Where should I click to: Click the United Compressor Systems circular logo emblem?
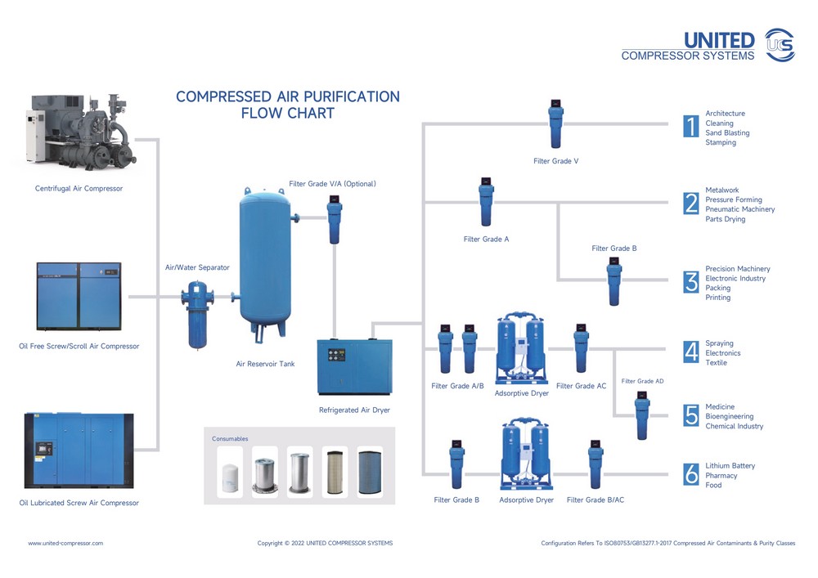tap(779, 44)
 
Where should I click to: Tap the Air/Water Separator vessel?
tap(196, 313)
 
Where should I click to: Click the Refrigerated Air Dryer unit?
tap(354, 367)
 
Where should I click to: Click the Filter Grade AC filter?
tap(581, 349)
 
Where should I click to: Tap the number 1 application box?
tap(691, 127)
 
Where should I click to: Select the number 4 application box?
tap(691, 352)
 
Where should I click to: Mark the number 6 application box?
tap(691, 474)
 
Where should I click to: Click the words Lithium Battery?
tap(730, 466)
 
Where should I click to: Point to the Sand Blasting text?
tap(727, 133)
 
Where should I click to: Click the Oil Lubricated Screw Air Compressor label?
tap(79, 503)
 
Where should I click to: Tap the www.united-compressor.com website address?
tap(65, 543)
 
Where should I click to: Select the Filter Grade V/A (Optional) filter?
tap(335, 221)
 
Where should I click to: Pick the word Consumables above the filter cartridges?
tap(230, 439)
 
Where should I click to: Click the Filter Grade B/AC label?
tap(595, 500)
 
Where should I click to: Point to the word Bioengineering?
tap(730, 417)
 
